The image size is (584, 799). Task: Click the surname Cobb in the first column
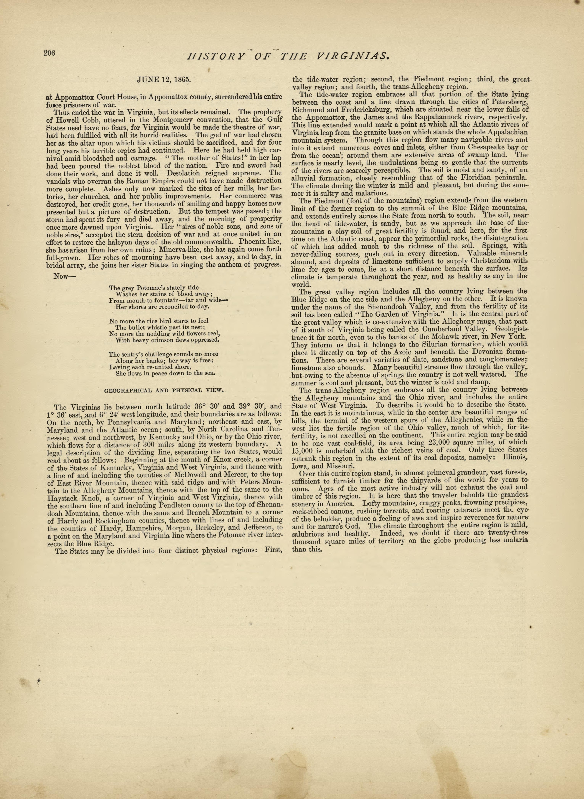pos(88,119)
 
